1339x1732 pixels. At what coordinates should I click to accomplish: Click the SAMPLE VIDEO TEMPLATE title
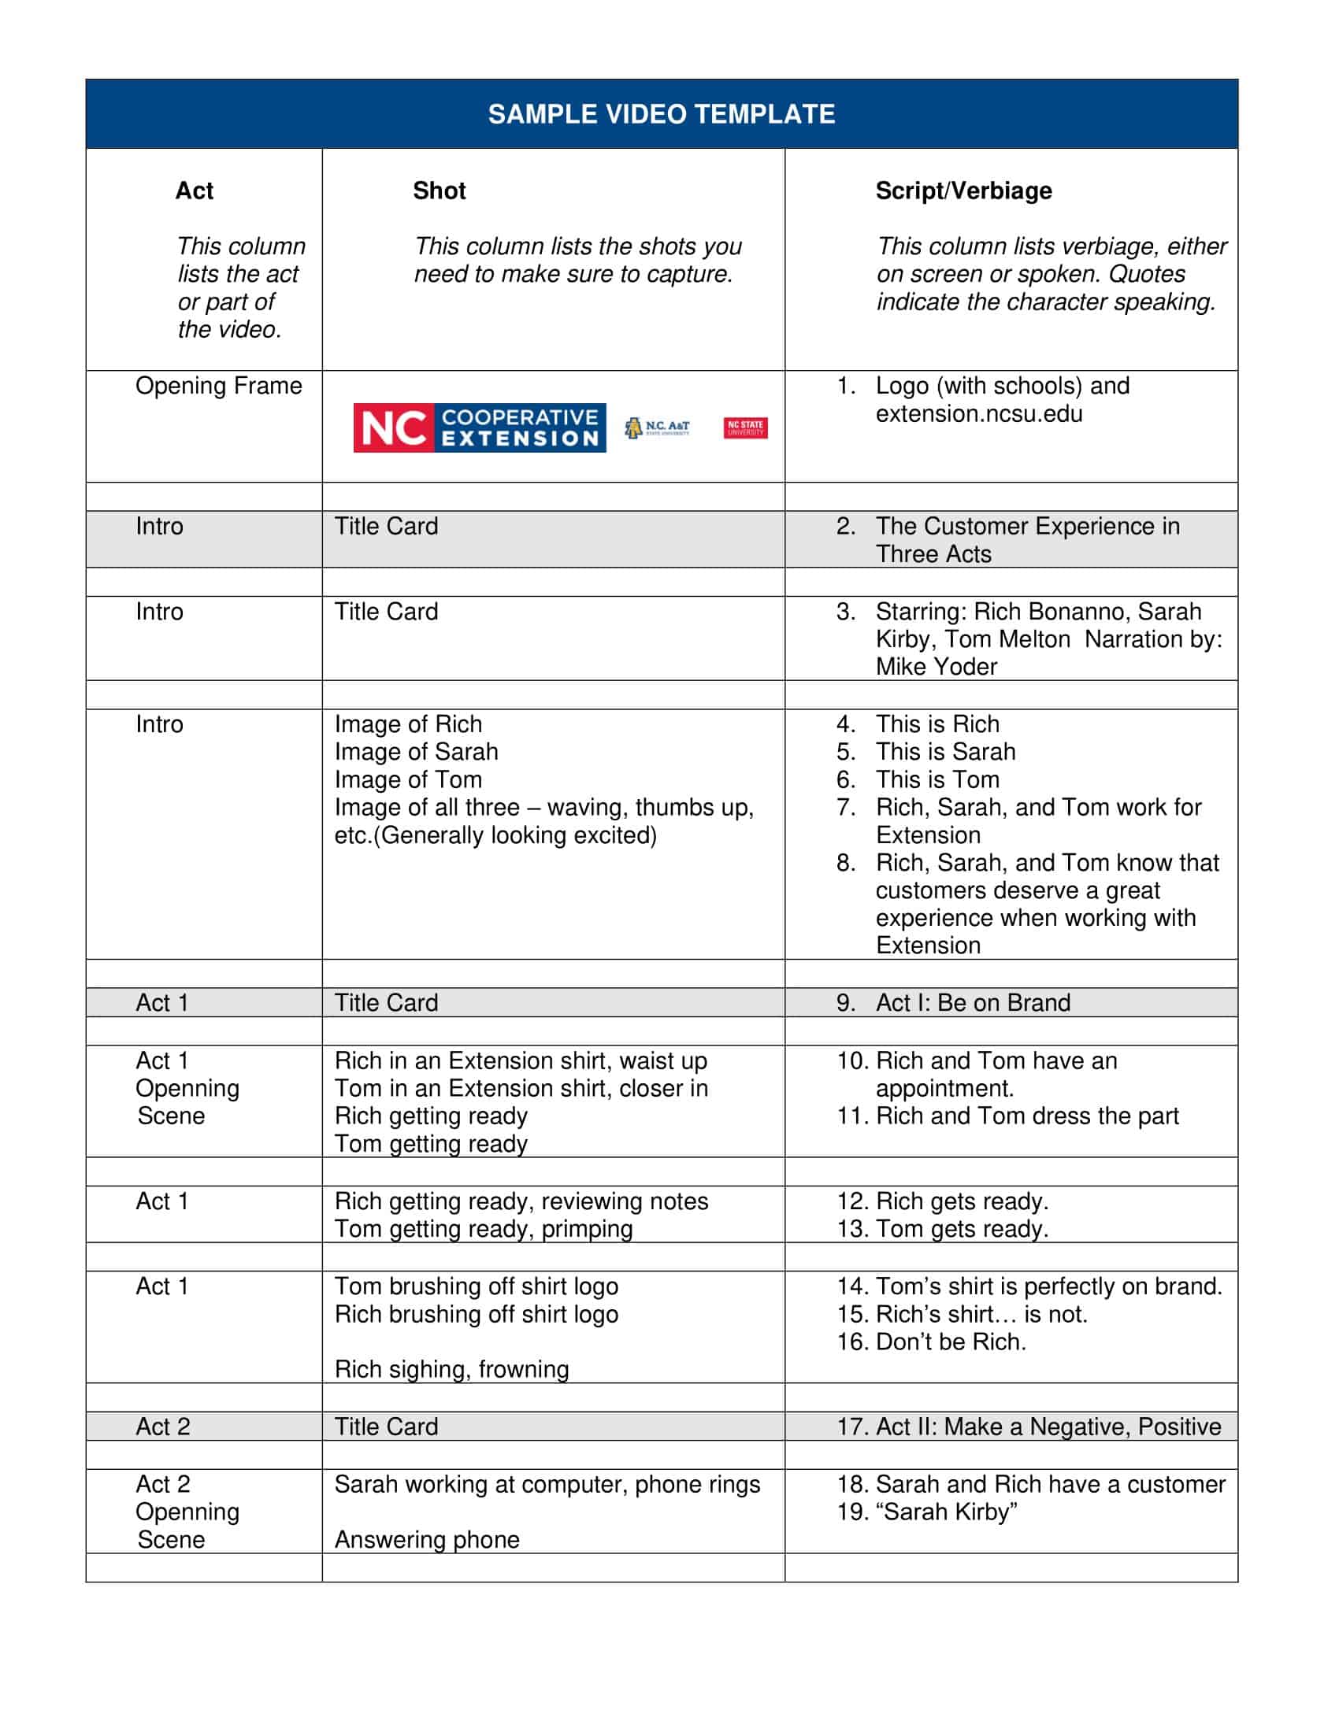[661, 114]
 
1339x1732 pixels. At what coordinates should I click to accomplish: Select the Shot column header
[439, 191]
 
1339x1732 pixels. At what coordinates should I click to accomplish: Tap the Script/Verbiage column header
[963, 191]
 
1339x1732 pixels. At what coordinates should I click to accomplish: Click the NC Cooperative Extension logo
[479, 427]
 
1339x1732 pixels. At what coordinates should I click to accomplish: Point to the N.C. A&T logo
[657, 428]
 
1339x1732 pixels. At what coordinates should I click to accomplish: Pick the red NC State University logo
[745, 428]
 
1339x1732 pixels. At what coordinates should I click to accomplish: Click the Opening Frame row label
[218, 387]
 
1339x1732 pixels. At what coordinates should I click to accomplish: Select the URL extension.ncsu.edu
[978, 414]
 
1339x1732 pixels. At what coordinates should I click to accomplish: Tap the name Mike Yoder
[936, 667]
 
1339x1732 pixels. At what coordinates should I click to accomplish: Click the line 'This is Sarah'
[944, 752]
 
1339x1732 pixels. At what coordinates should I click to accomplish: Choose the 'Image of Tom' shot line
[408, 779]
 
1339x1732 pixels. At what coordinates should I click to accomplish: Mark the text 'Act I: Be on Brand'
[973, 1003]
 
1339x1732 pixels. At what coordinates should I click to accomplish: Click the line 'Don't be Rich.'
[951, 1342]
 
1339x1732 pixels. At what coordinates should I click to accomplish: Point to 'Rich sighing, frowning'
[451, 1370]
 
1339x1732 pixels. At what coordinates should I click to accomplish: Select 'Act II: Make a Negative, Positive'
[1047, 1427]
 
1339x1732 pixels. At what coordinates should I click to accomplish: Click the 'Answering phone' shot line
[427, 1539]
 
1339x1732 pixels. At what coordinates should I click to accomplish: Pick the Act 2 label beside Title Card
[162, 1427]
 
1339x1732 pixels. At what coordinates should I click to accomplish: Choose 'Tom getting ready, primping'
[483, 1229]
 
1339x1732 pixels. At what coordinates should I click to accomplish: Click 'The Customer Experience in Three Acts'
[1026, 540]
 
